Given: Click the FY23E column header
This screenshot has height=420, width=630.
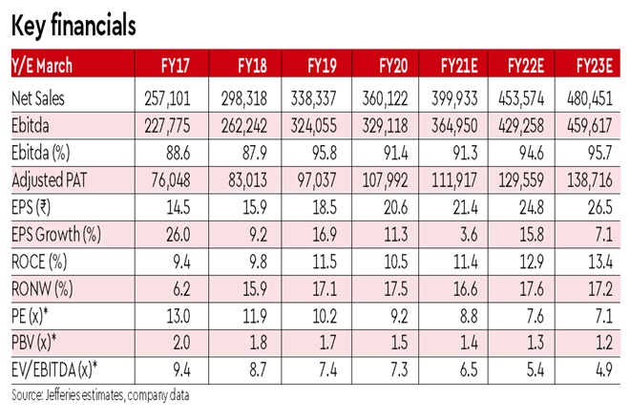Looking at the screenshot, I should (597, 66).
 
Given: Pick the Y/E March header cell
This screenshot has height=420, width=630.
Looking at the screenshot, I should (45, 66).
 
